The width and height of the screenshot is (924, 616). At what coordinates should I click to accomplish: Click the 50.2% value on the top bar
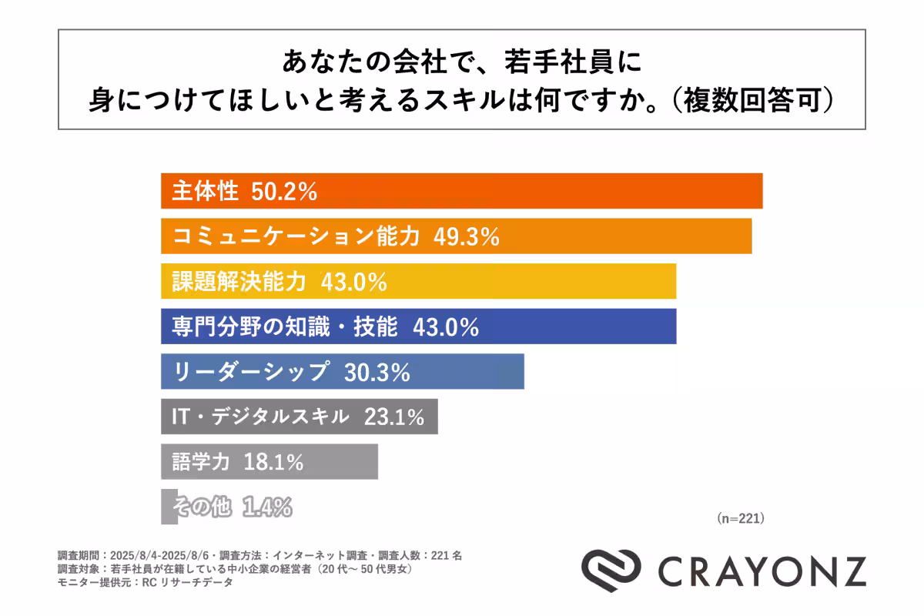(x=285, y=192)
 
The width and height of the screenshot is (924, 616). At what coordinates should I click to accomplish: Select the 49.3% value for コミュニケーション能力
(x=467, y=236)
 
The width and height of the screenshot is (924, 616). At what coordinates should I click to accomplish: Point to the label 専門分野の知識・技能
(x=284, y=326)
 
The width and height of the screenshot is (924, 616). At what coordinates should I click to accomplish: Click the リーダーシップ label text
(x=251, y=372)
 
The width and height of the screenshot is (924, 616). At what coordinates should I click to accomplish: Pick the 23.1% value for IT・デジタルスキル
(x=394, y=417)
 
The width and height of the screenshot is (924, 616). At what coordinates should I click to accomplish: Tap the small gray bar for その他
(x=169, y=507)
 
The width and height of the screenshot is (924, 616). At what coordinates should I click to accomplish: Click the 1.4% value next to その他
(x=267, y=507)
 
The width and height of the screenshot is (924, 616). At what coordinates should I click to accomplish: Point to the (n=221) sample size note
(x=740, y=518)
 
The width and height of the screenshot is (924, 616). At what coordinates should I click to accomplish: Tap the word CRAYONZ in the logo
(x=762, y=571)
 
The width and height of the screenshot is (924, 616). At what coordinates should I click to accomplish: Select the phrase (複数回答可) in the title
(x=751, y=101)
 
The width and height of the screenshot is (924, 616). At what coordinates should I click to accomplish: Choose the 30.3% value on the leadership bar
(x=377, y=372)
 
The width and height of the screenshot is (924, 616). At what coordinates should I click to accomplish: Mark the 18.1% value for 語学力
(x=273, y=462)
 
